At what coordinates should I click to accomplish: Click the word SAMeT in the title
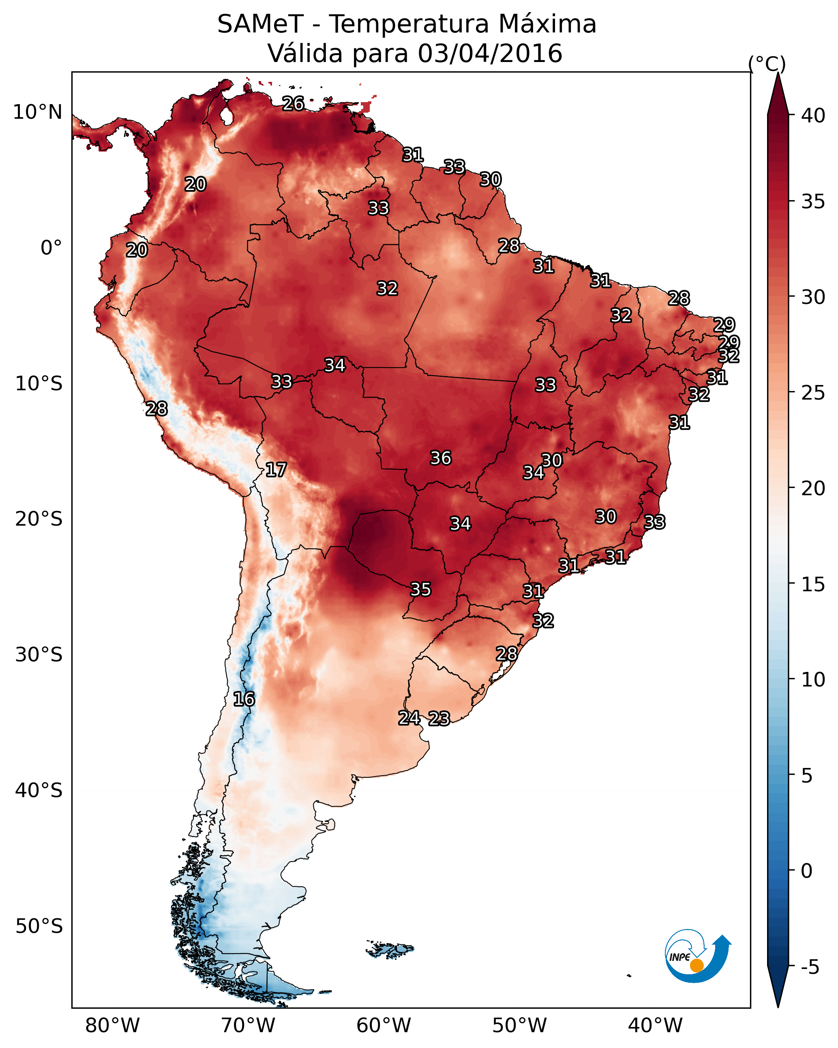tap(260, 24)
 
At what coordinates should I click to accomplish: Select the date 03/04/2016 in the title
tap(490, 53)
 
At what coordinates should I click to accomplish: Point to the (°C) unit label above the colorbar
tap(767, 64)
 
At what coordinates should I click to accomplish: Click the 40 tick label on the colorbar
tap(813, 115)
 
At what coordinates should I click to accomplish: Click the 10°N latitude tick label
tap(37, 112)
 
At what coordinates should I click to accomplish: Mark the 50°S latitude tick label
tap(39, 926)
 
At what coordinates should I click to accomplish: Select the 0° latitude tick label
tap(51, 248)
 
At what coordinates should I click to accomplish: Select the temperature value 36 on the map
tap(441, 458)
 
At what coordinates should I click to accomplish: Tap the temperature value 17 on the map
tap(276, 470)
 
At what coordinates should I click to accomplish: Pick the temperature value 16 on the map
tap(244, 699)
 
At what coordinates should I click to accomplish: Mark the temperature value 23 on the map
tap(439, 719)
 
